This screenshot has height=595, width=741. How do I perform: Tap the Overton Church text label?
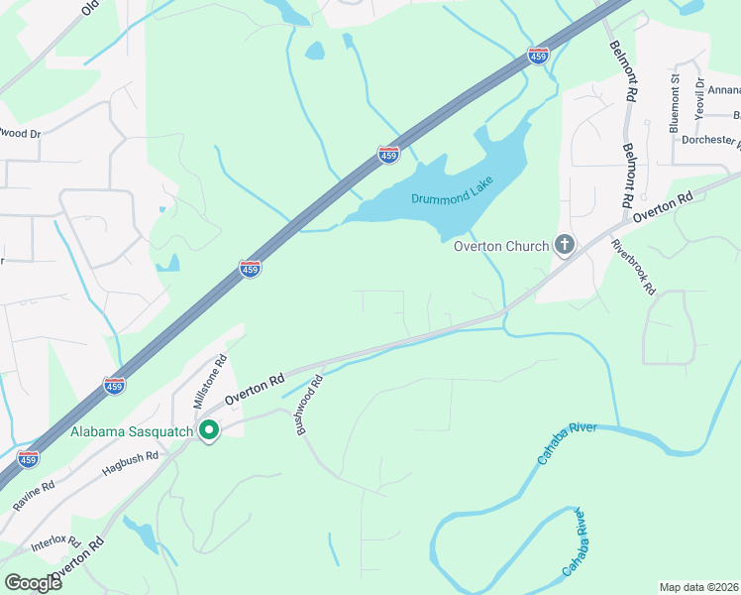(501, 246)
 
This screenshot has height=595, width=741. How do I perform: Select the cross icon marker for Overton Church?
(565, 244)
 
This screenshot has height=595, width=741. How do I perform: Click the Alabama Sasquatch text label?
(133, 431)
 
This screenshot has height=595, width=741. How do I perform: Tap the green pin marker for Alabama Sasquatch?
(209, 431)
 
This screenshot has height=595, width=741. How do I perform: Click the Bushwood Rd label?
(310, 405)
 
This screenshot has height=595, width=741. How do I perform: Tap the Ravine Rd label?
(34, 496)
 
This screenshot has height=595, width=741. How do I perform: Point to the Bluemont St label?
(675, 102)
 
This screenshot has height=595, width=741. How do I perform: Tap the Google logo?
(32, 582)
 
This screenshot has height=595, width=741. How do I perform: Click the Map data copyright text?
(698, 587)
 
